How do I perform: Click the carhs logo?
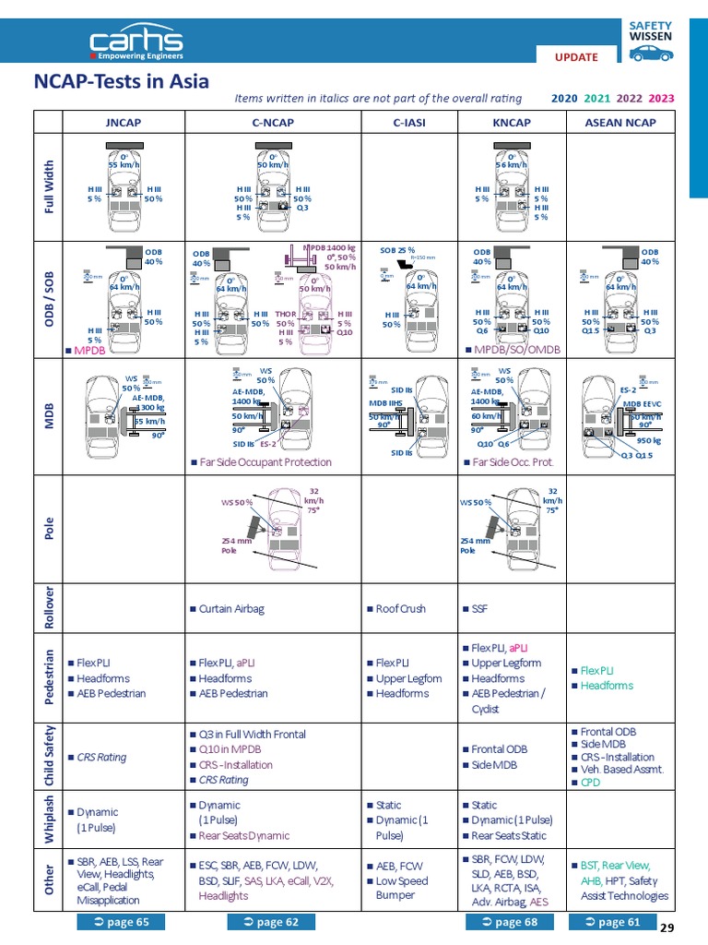tap(136, 42)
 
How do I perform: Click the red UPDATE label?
tap(576, 56)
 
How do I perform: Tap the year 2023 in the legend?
tap(661, 98)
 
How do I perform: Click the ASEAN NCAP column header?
tap(620, 122)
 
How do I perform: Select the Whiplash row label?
tap(48, 818)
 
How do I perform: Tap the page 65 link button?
tap(122, 921)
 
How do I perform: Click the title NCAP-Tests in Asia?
tap(122, 82)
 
